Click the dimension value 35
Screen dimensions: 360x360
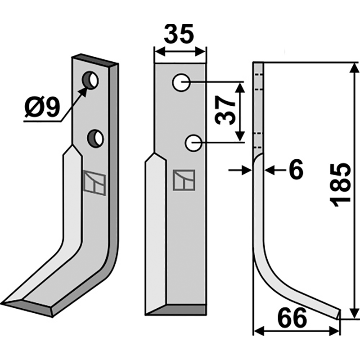coord(179,34)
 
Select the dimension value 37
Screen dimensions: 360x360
coord(225,110)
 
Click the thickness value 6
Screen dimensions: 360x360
coord(296,170)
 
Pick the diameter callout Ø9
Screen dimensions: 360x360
coord(42,107)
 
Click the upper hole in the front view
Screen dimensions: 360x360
coord(181,82)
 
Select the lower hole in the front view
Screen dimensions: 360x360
coord(193,143)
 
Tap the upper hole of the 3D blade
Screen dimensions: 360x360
coord(90,81)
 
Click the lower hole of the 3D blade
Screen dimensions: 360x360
coord(95,139)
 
